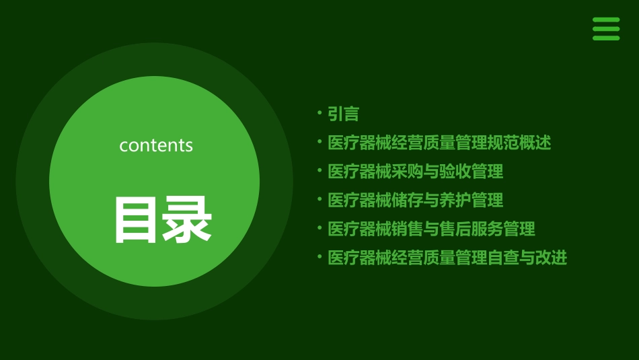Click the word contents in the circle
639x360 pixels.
[156, 145]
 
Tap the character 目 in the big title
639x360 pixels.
[137, 220]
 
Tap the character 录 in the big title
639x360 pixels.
[188, 220]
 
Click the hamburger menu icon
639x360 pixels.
[606, 29]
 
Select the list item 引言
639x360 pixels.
[343, 114]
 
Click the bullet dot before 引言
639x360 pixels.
[319, 113]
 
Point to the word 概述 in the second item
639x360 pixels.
[535, 143]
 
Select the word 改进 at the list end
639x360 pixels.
[552, 258]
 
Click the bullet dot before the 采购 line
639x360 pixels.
[319, 170]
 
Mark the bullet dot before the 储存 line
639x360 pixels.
[319, 199]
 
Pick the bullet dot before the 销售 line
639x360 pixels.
[319, 227]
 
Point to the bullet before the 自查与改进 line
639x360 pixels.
[319, 256]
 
